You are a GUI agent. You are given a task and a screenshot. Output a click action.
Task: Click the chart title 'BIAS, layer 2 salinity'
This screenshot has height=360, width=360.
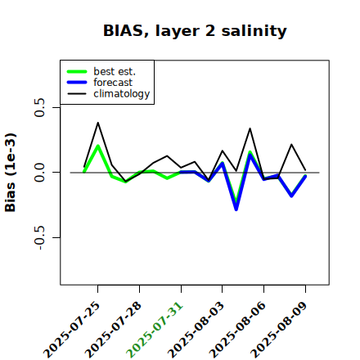click(x=195, y=31)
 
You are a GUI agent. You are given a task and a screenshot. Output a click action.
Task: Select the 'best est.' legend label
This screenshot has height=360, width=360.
click(x=115, y=71)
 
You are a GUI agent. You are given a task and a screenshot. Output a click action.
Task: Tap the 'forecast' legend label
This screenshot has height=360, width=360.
click(x=113, y=83)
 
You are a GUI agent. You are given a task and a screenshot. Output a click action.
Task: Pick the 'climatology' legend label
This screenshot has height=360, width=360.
click(x=122, y=94)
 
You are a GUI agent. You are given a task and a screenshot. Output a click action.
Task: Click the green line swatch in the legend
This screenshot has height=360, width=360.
click(x=77, y=71)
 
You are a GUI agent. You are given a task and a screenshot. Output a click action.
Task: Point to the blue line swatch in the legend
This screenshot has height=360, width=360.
click(x=77, y=83)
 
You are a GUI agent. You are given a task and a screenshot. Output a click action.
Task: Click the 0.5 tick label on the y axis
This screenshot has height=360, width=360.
click(x=40, y=107)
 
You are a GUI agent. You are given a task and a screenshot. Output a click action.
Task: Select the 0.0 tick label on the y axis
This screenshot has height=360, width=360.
click(x=40, y=173)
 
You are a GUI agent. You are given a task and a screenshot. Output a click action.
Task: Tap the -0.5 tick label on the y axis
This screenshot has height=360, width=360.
click(x=40, y=237)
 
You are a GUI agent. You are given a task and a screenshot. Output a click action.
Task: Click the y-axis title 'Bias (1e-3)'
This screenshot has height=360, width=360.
click(x=11, y=173)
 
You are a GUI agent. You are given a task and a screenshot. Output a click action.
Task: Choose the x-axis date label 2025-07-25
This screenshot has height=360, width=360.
click(x=72, y=330)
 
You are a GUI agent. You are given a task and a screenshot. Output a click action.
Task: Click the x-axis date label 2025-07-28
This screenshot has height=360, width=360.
click(x=114, y=330)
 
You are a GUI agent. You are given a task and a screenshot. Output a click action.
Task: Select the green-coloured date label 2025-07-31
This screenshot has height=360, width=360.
click(x=155, y=330)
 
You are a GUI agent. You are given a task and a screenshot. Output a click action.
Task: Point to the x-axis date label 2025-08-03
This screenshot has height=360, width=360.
click(x=196, y=330)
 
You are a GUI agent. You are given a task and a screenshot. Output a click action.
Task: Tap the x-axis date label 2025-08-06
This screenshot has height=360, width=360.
click(x=238, y=330)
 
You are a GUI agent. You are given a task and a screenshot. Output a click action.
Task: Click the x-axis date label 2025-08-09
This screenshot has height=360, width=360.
click(x=279, y=330)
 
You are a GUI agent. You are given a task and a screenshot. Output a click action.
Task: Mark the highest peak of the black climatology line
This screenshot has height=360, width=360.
click(x=98, y=123)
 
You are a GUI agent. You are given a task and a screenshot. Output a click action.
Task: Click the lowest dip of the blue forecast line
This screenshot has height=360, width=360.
click(x=236, y=209)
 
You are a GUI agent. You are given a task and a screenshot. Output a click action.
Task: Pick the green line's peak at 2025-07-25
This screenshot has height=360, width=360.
click(x=98, y=146)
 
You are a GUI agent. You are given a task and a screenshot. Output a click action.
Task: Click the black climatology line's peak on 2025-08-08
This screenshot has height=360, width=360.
click(x=291, y=144)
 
